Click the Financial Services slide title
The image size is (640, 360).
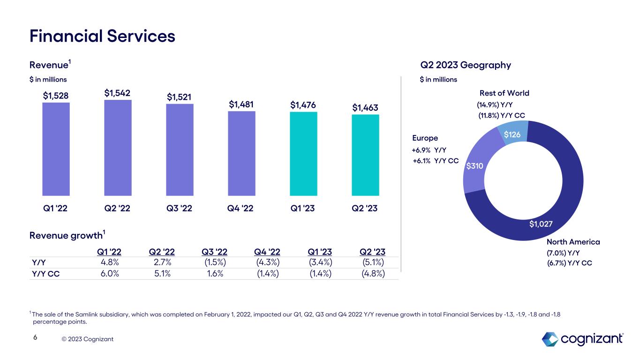102,36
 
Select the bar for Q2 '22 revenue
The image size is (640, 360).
118,148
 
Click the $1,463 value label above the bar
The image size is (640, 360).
365,109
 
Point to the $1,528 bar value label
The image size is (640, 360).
56,96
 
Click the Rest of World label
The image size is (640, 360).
504,93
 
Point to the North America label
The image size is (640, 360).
573,242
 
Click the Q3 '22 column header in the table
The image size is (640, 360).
214,252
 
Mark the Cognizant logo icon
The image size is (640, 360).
550,338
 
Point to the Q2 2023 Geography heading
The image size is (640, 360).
465,65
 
